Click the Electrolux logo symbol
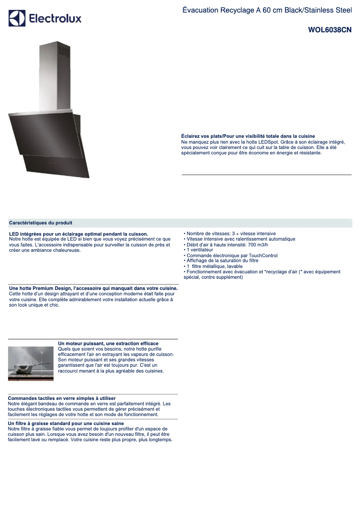click(17, 18)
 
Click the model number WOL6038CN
click(329, 31)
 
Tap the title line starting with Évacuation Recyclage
click(267, 10)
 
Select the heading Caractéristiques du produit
click(41, 223)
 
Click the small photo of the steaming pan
click(31, 364)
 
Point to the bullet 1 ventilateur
click(200, 250)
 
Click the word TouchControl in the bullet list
click(262, 255)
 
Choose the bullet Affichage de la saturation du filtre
click(222, 261)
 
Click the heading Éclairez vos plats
click(248, 136)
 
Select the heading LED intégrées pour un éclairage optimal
click(79, 234)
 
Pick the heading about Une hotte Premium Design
click(93, 288)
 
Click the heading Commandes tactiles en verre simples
click(62, 398)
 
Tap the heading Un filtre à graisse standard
click(66, 423)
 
